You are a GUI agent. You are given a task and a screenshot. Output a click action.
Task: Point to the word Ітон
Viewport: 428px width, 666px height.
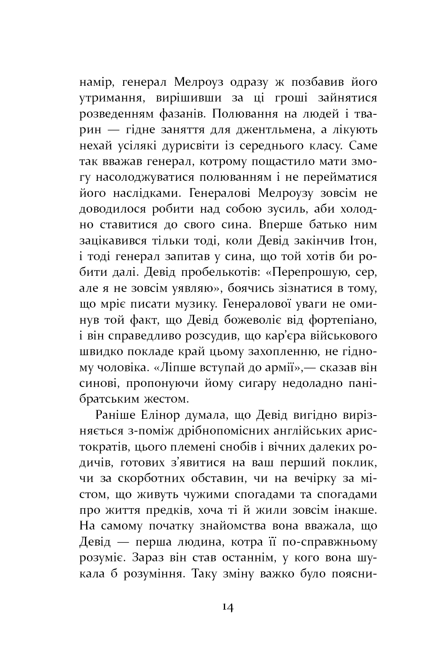[x=362, y=240]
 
